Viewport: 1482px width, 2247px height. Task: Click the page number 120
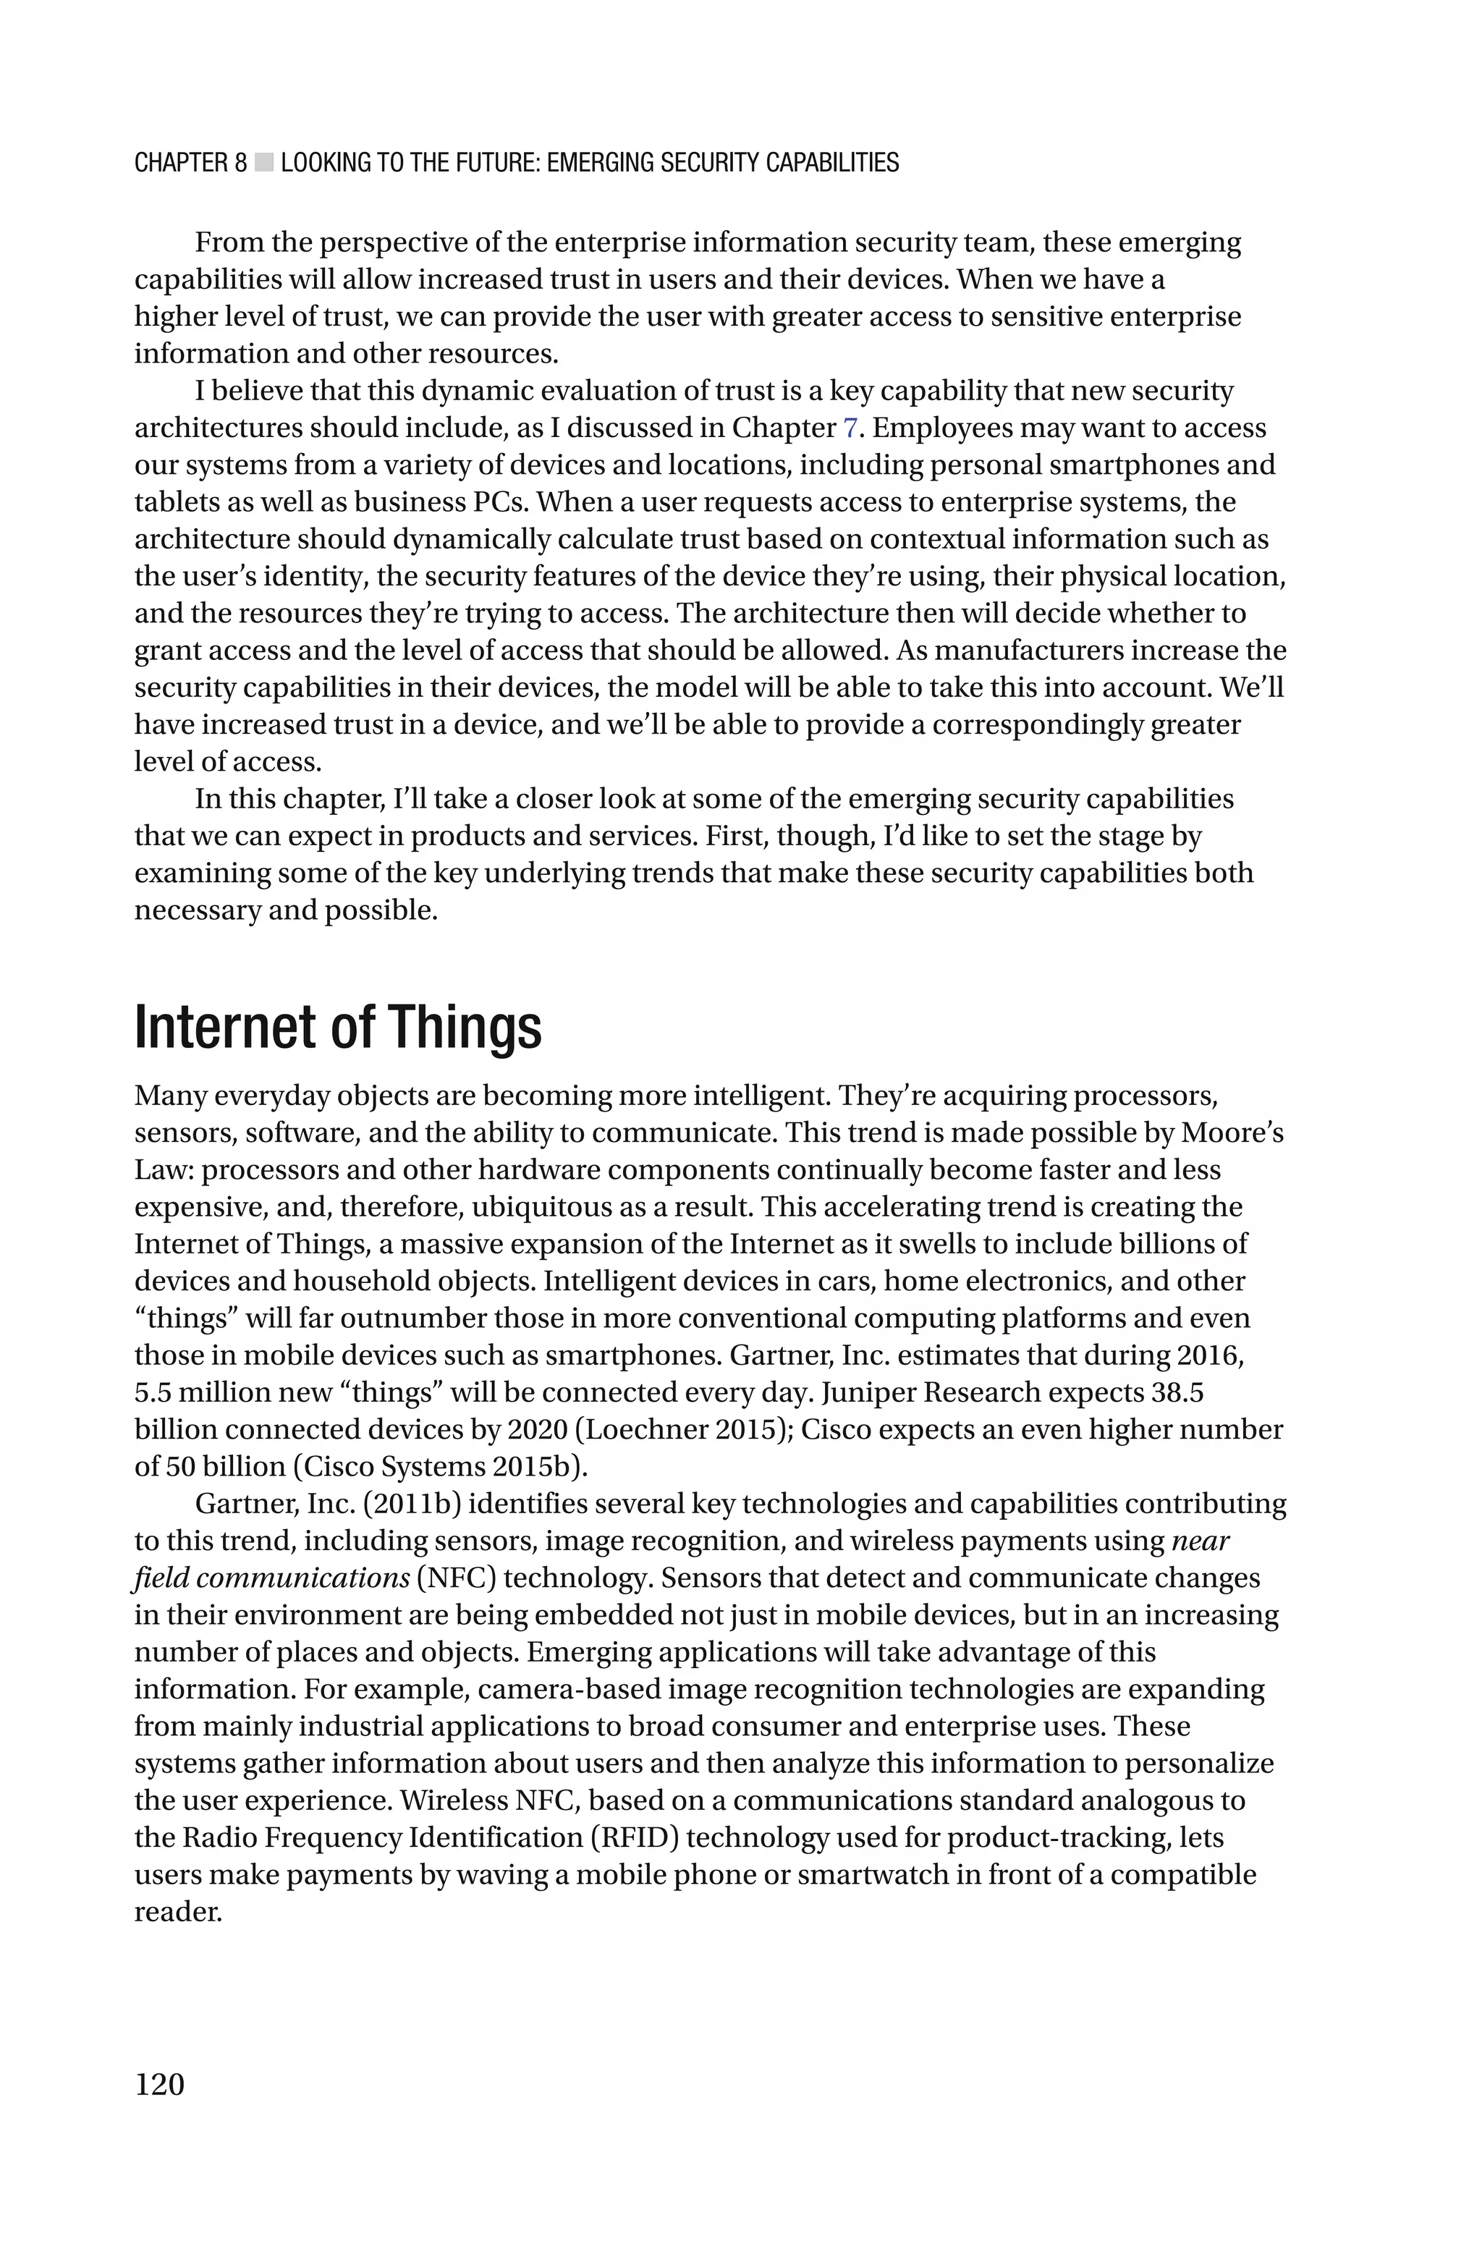coord(160,2083)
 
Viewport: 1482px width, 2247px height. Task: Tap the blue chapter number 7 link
coord(850,428)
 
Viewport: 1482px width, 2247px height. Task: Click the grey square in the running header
coord(263,164)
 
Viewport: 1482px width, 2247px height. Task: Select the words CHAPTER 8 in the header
coord(190,164)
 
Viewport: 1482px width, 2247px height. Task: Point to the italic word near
coord(1201,1541)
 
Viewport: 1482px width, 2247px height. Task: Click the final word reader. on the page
coord(178,1911)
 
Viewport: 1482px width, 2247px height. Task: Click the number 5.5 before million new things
coord(153,1393)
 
